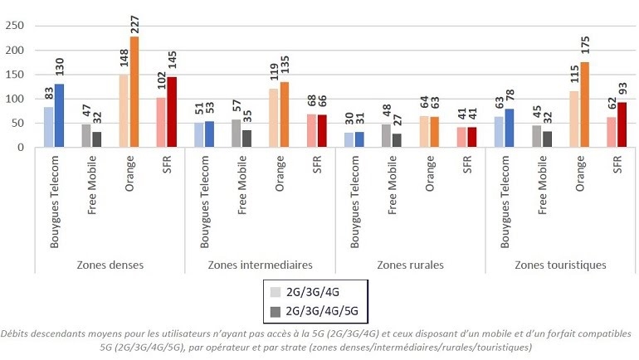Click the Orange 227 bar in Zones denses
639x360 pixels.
click(134, 92)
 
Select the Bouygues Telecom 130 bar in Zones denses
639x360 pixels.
click(60, 115)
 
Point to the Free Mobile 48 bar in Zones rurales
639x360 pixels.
click(386, 135)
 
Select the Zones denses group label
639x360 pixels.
click(110, 265)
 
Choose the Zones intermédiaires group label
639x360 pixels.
click(260, 265)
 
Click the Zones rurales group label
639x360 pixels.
click(410, 265)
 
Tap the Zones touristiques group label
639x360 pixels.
click(560, 265)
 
